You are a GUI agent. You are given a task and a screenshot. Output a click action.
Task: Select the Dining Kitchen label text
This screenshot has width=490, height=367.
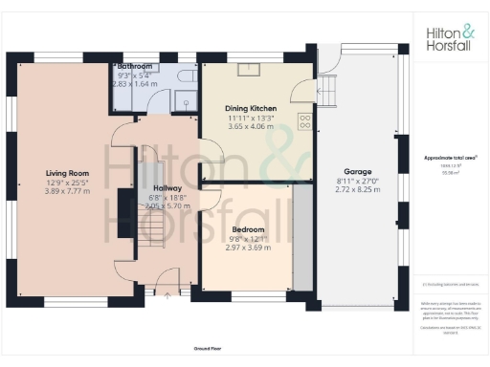pos(250,109)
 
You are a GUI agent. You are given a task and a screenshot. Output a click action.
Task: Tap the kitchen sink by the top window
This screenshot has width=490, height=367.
pos(252,68)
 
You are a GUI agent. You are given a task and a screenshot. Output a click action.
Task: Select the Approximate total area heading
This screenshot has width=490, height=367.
pos(450,156)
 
